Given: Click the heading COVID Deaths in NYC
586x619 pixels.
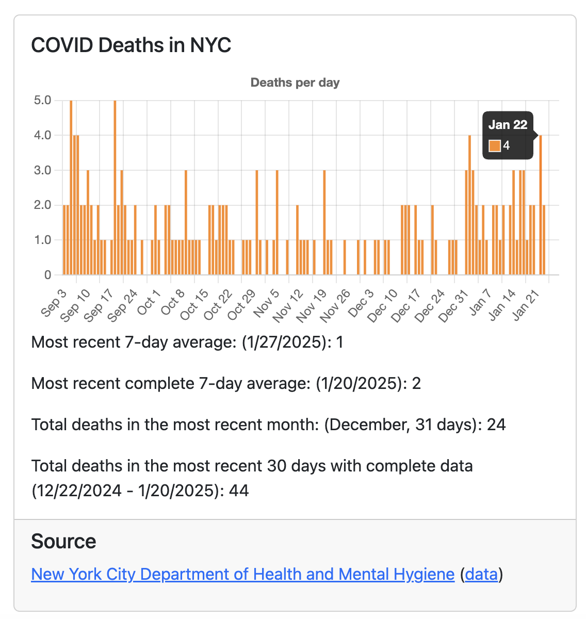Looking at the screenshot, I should point(131,45).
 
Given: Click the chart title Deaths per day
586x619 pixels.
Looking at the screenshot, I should point(295,83).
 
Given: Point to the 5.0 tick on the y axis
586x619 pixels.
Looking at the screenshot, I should point(43,100).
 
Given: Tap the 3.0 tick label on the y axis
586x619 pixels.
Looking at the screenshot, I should point(43,170).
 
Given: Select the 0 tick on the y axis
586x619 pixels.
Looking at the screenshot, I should point(47,275).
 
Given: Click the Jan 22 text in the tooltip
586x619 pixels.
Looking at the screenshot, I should point(508,125).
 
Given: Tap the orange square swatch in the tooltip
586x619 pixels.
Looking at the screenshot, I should point(495,146).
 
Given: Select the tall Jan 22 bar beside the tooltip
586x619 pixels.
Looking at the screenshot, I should point(540,206).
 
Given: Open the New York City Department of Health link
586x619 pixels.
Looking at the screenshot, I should point(242,574).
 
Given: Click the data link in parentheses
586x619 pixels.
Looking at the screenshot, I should point(481,574).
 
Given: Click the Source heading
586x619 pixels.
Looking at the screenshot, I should point(63,542).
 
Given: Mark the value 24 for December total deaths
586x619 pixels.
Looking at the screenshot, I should point(496,425).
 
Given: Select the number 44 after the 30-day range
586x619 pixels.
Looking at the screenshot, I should point(239,490).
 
